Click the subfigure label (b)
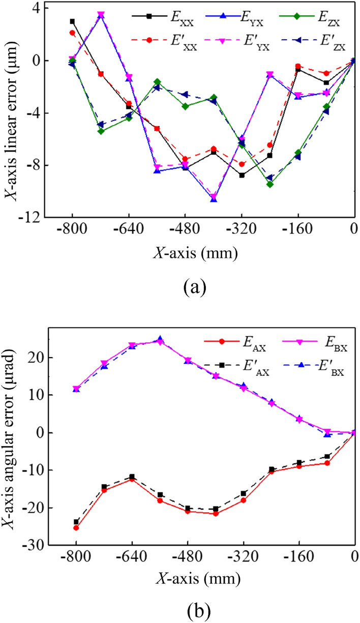tap(196, 608)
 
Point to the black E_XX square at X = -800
tap(72, 21)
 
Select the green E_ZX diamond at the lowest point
tap(269, 184)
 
